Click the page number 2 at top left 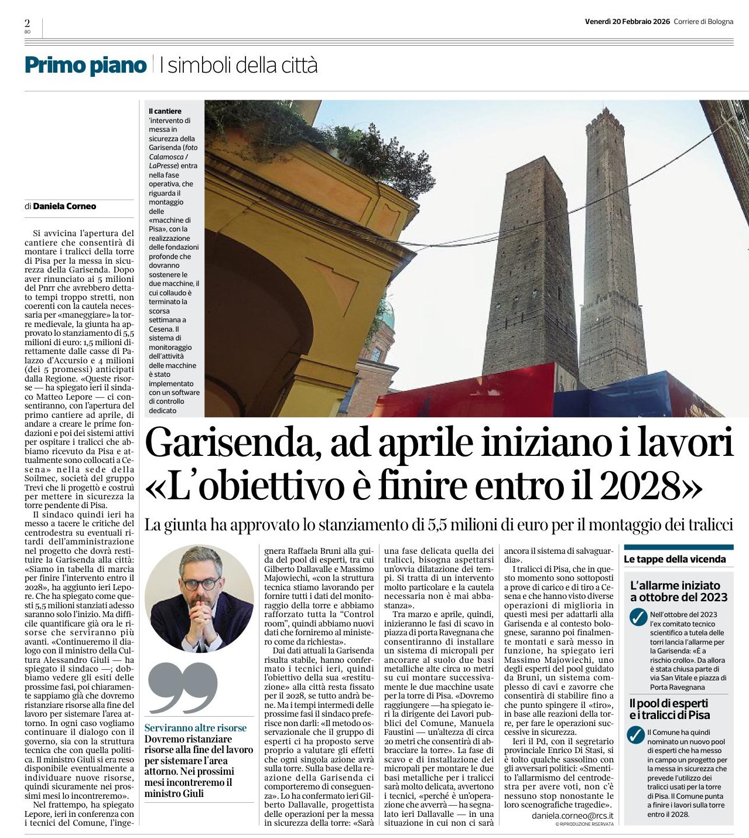(28, 23)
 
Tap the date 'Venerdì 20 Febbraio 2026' (627, 22)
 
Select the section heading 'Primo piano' (85, 65)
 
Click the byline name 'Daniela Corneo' (64, 206)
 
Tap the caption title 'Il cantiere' (165, 111)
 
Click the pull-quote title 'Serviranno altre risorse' (196, 728)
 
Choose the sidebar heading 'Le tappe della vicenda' (675, 559)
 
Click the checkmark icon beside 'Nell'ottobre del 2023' (637, 617)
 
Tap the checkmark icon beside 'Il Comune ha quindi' (635, 735)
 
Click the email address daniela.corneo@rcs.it (572, 815)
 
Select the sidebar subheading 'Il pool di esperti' (669, 703)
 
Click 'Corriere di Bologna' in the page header (703, 22)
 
